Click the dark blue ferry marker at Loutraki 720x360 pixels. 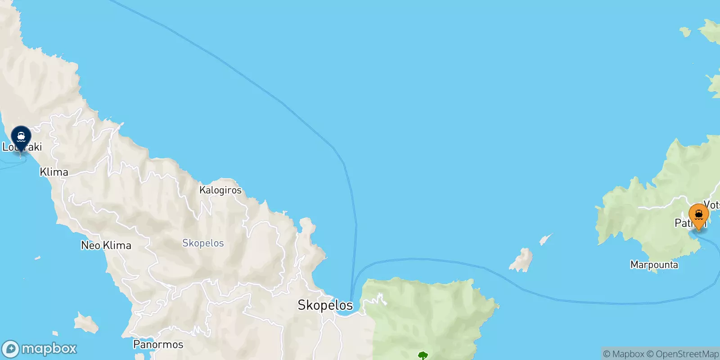[21, 137]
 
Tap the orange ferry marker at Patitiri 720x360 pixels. [698, 215]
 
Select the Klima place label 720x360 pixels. [54, 172]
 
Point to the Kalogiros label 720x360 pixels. [220, 190]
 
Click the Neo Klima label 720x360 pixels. [106, 245]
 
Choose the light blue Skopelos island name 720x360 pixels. [203, 243]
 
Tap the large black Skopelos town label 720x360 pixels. [325, 305]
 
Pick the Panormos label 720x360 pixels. [158, 345]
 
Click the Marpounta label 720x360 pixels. [654, 265]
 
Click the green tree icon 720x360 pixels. [423, 356]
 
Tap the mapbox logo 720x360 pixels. [40, 349]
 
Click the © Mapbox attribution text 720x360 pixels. [624, 354]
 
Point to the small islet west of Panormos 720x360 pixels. [86, 323]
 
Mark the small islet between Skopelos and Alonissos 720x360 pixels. [522, 260]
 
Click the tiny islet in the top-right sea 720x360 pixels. [685, 31]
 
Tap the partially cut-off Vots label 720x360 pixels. [712, 205]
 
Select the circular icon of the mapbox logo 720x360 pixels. [11, 349]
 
